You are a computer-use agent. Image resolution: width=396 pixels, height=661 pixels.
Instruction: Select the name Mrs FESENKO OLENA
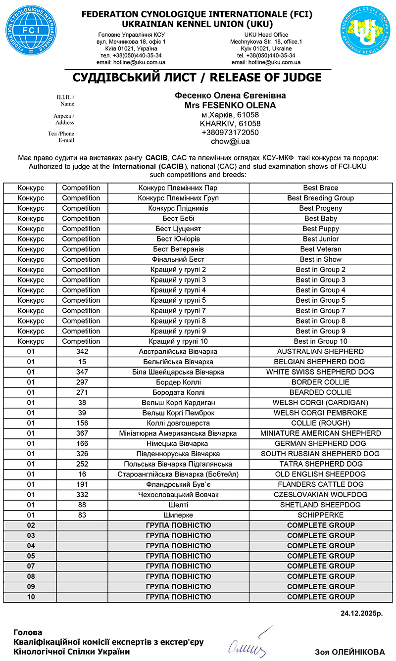click(x=230, y=105)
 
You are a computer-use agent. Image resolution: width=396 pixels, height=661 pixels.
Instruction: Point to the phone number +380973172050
click(x=230, y=133)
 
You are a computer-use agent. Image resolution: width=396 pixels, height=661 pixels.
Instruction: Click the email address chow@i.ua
click(x=230, y=142)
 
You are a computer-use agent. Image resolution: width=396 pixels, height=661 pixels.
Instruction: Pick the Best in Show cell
click(x=321, y=259)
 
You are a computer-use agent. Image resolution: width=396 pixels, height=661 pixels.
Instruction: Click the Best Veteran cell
click(x=321, y=249)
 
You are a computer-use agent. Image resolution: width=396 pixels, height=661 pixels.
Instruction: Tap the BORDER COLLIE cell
click(x=321, y=382)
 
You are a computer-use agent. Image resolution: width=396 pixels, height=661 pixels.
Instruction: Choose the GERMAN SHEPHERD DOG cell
click(x=321, y=443)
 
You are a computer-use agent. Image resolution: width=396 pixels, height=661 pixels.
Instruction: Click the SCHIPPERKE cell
click(x=321, y=515)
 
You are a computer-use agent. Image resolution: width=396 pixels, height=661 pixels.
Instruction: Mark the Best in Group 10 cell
click(x=321, y=341)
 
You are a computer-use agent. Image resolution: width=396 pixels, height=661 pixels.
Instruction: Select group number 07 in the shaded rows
click(x=31, y=566)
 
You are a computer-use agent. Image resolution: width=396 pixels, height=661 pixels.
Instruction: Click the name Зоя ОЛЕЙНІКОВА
click(x=349, y=652)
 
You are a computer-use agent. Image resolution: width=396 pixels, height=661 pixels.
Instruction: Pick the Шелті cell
click(x=178, y=505)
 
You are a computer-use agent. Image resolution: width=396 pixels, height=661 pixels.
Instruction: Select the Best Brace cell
click(x=321, y=188)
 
